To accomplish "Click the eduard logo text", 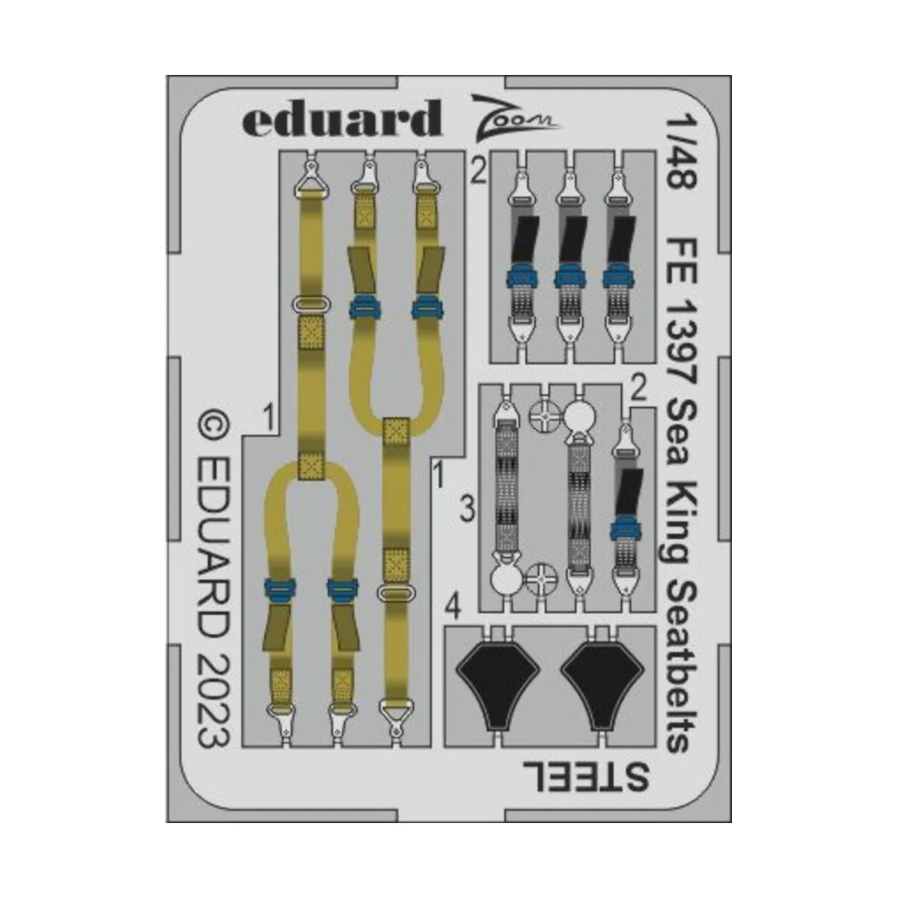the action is coord(341,118).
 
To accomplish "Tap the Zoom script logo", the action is coord(513,118).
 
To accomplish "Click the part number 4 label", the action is coord(453,608).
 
